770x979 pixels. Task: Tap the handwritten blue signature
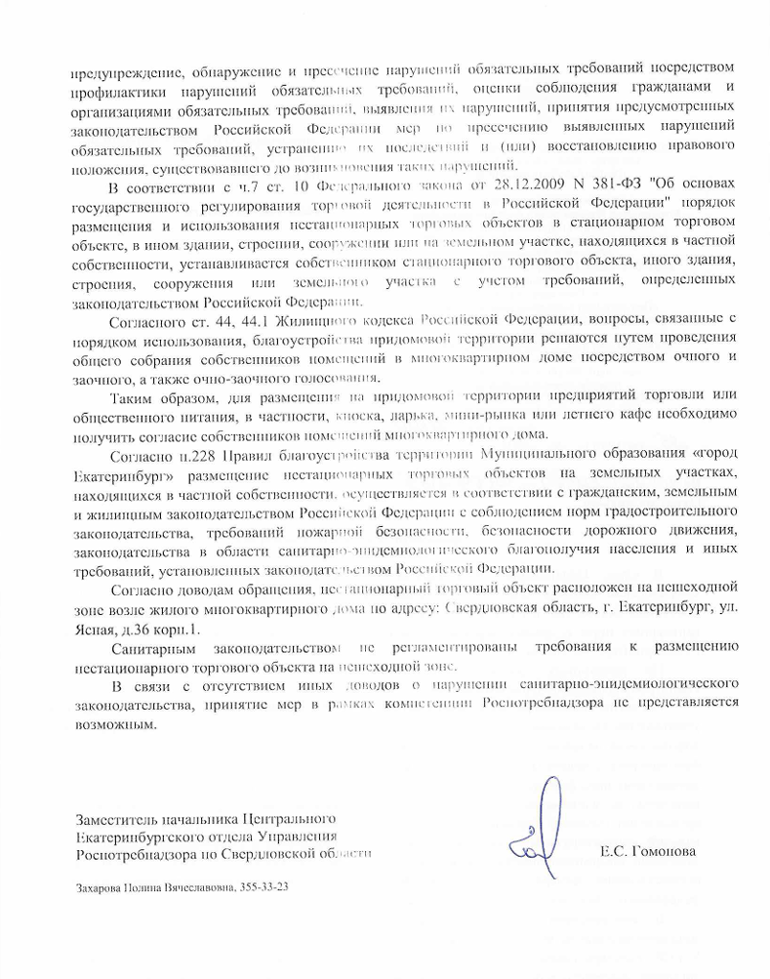tap(539, 827)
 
